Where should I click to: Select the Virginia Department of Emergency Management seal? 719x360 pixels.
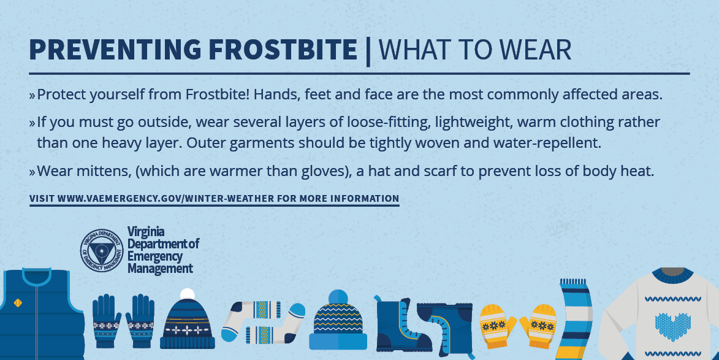tap(102, 250)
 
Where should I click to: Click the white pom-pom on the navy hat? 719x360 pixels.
tap(187, 294)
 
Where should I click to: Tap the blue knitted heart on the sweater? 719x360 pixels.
tap(672, 326)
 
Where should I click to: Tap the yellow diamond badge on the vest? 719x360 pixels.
tap(18, 303)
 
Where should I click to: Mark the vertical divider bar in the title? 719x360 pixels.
tap(368, 51)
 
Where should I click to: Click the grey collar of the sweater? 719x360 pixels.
tap(672, 272)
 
